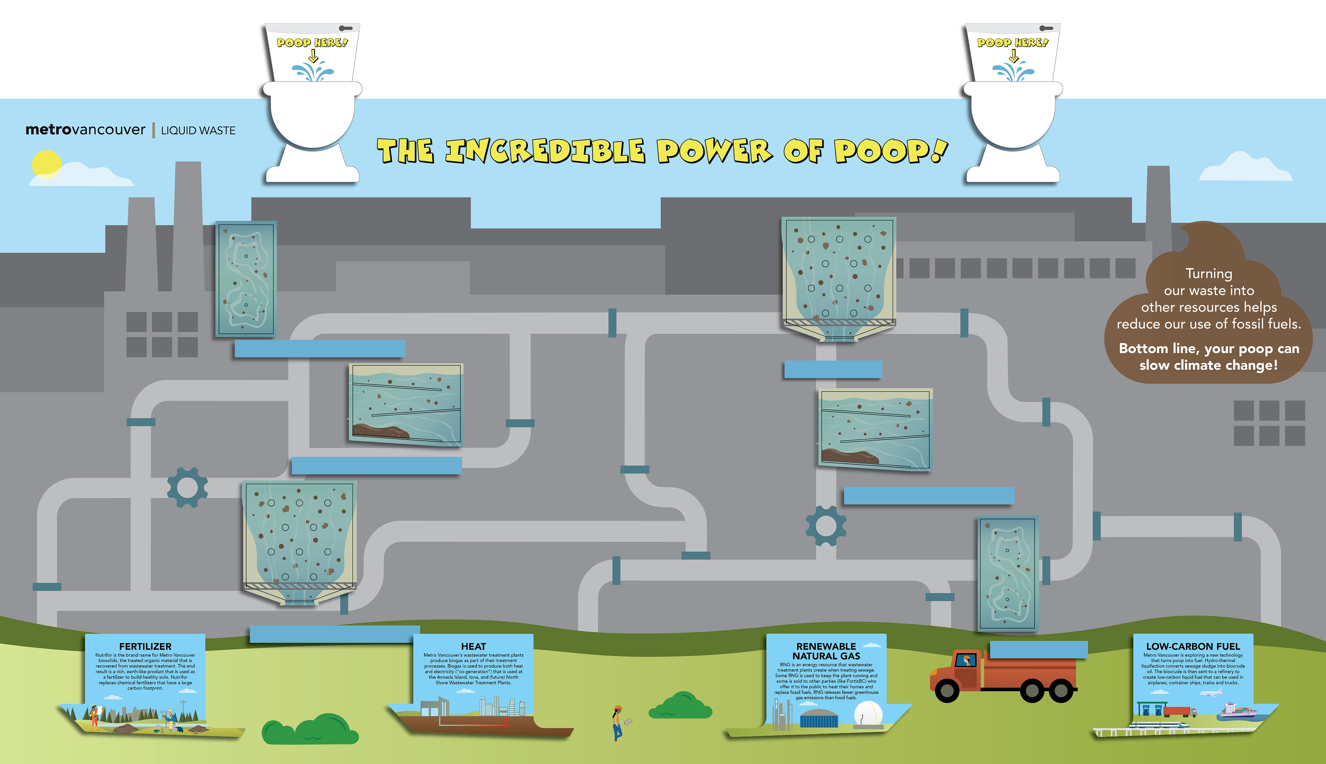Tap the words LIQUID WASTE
point(198,131)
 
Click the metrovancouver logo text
point(85,130)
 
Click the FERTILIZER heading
point(145,646)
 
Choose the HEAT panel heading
point(473,646)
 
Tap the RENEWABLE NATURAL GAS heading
point(826,651)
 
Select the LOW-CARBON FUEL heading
point(1193,646)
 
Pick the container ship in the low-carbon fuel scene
point(1239,711)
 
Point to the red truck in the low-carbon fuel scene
point(1179,712)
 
